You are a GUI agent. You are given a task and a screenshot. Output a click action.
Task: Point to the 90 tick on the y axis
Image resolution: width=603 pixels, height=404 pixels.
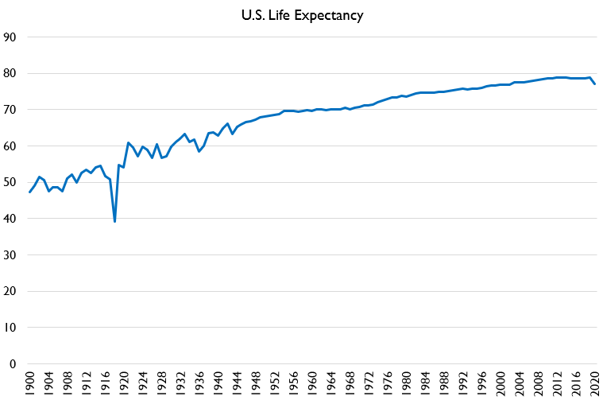[10, 37]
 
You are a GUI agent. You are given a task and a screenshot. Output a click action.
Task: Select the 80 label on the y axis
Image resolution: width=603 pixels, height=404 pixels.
[10, 73]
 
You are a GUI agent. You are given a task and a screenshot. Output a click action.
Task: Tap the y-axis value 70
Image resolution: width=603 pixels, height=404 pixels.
[10, 110]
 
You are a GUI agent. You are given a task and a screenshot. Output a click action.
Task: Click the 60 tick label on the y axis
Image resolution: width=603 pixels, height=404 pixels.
[10, 146]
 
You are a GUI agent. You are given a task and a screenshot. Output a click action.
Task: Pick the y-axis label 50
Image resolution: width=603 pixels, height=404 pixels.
[10, 182]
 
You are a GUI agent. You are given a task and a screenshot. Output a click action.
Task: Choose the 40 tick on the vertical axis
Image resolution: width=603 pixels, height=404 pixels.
[10, 219]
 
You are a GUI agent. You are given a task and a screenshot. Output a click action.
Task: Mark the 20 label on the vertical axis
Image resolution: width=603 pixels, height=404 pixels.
[10, 291]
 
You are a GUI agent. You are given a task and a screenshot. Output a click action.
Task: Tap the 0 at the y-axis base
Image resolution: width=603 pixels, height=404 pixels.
[14, 364]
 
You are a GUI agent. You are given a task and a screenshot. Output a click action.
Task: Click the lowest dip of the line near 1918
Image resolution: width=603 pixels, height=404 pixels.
[114, 221]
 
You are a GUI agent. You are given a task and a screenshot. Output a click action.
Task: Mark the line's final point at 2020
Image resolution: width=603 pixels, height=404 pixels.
[595, 84]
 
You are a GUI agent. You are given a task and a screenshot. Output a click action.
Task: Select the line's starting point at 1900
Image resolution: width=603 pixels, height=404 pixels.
[30, 192]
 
